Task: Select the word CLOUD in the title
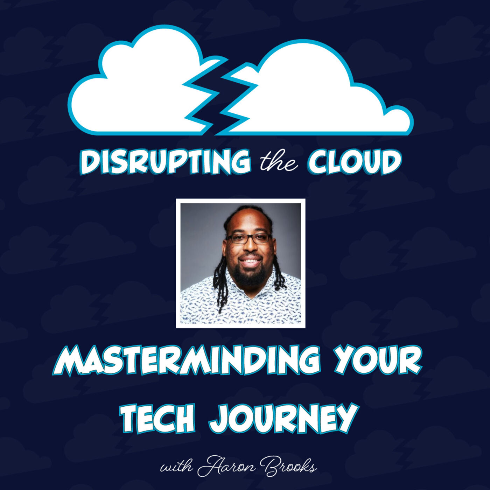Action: point(355,162)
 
